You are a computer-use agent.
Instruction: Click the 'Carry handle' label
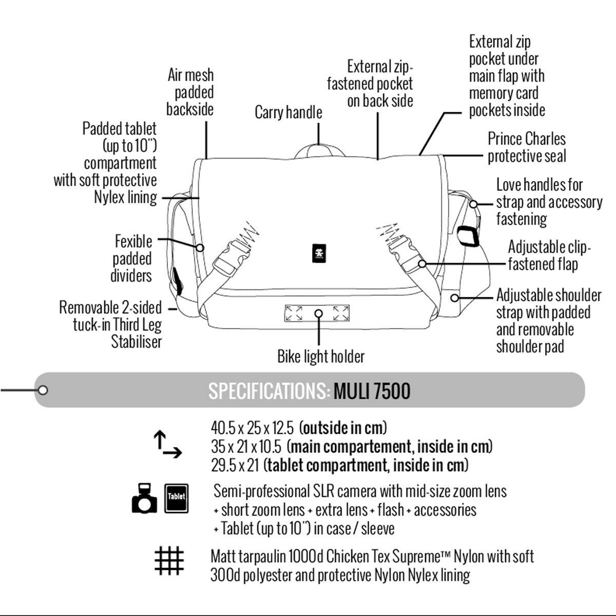click(288, 112)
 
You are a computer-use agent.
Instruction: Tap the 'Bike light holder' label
click(321, 356)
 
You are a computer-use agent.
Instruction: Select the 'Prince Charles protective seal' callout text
click(527, 147)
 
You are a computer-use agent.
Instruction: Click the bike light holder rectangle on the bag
click(318, 313)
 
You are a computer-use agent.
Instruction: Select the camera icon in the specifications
click(144, 498)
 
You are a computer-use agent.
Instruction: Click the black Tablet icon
click(176, 498)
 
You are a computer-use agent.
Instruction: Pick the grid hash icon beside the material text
click(169, 561)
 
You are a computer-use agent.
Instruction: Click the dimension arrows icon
click(167, 445)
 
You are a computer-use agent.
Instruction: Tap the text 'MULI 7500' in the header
click(372, 392)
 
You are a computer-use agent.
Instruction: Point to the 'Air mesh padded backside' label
click(190, 92)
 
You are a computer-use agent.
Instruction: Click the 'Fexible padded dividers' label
click(132, 258)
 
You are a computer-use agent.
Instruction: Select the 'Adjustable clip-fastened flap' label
click(549, 255)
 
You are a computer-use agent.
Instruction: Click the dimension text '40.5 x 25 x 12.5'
click(252, 427)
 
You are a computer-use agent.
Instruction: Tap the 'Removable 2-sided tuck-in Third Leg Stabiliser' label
click(111, 325)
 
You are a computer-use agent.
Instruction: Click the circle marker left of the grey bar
click(43, 390)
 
